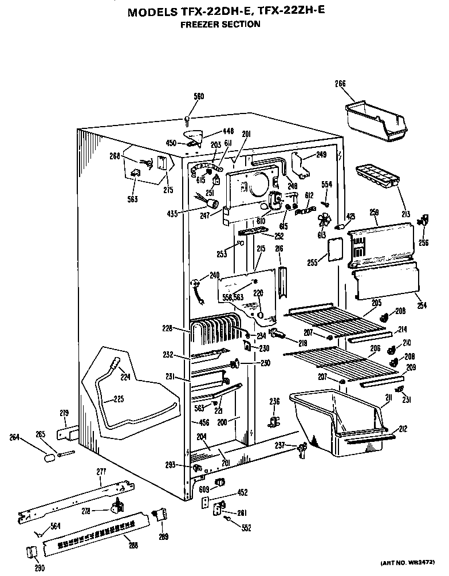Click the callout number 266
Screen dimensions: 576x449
tap(340, 84)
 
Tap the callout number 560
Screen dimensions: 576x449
tap(199, 96)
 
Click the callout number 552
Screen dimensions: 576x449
tap(246, 528)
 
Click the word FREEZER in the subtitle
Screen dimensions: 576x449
tap(200, 24)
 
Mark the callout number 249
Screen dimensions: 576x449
tap(321, 155)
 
